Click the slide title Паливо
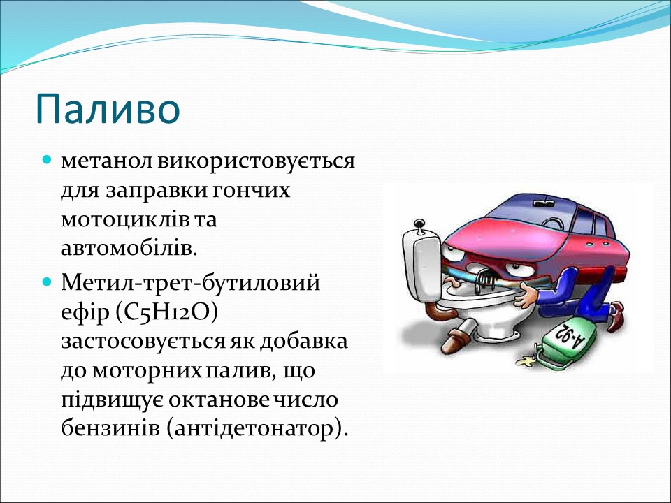[x=108, y=107]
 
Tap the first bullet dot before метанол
[x=48, y=161]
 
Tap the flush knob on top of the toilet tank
[x=419, y=225]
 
